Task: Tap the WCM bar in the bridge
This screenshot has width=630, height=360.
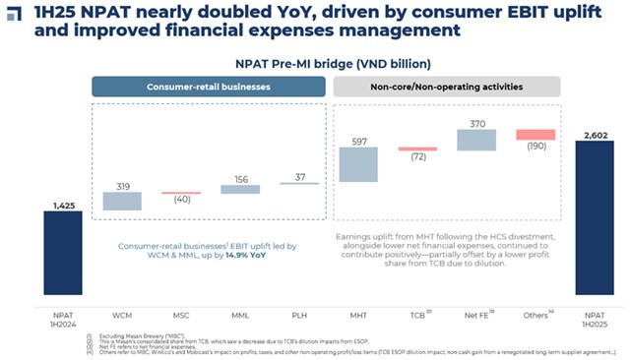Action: pyautogui.click(x=122, y=202)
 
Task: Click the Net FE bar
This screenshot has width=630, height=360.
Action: pyautogui.click(x=476, y=139)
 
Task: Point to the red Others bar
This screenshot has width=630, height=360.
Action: pyautogui.click(x=536, y=135)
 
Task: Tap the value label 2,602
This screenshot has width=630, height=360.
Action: pyautogui.click(x=595, y=133)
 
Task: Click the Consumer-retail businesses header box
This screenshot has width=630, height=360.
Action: pyautogui.click(x=210, y=86)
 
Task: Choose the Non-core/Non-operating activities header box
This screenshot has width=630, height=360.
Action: pyautogui.click(x=447, y=86)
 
